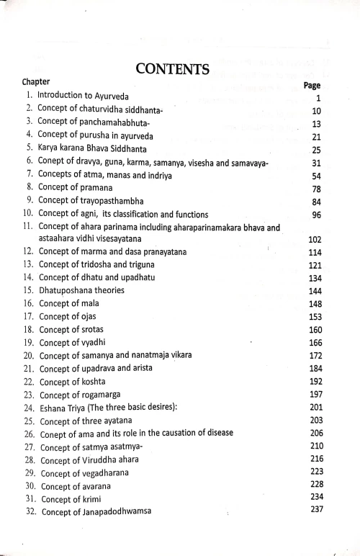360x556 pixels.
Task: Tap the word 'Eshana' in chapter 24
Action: [x=54, y=408]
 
